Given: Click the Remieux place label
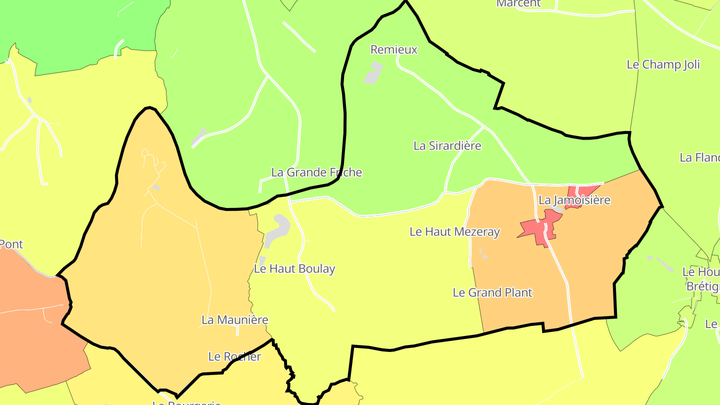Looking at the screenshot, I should [393, 49].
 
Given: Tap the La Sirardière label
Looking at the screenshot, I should [447, 145].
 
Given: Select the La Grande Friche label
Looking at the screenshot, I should [316, 172].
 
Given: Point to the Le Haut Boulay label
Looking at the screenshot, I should [294, 268].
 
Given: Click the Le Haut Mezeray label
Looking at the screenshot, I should [454, 231].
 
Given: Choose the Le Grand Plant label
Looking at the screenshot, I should [492, 292].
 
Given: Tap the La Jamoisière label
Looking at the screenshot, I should [574, 200].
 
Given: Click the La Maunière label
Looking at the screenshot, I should [234, 319].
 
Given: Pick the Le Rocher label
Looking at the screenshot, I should [234, 356].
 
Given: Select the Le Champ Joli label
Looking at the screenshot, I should [663, 64].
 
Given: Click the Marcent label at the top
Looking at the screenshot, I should [518, 3].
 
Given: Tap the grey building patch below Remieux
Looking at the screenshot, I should [372, 73].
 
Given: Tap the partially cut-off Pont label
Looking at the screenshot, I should [11, 244].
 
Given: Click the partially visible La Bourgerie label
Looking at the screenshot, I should [186, 401].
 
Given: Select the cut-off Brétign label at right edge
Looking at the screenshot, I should [702, 286].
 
